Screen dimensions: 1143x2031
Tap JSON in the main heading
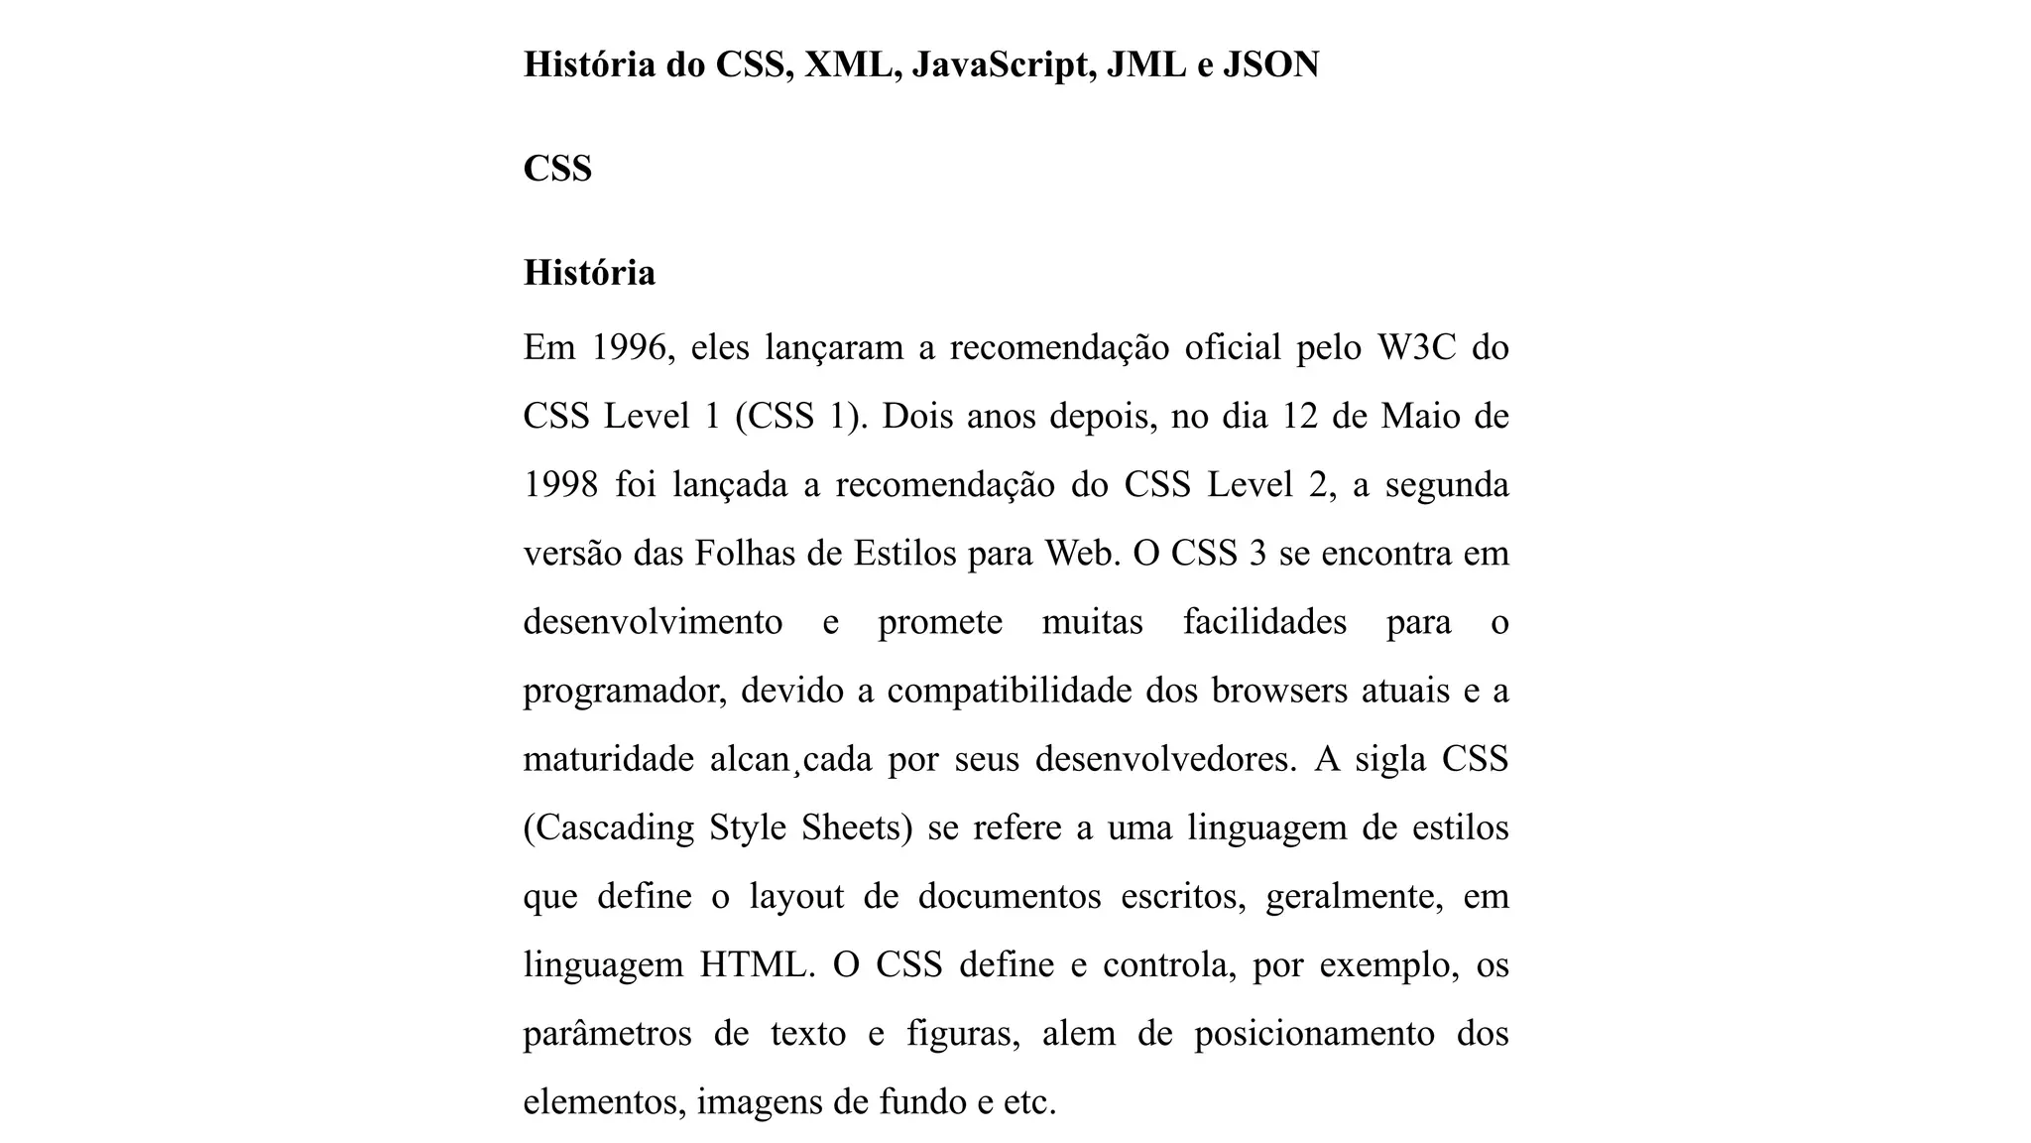click(1270, 65)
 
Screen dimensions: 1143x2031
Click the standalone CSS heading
click(557, 169)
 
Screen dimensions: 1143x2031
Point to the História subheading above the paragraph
click(589, 273)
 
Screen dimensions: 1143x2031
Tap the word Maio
click(1424, 417)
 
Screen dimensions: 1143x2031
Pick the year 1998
click(560, 485)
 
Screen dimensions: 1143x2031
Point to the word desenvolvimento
click(653, 622)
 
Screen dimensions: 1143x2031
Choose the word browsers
click(1279, 691)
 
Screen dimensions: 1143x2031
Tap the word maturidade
click(608, 759)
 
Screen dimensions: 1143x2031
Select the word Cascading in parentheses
click(608, 827)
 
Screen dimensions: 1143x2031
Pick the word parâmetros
click(607, 1034)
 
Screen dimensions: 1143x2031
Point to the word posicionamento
click(1314, 1034)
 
